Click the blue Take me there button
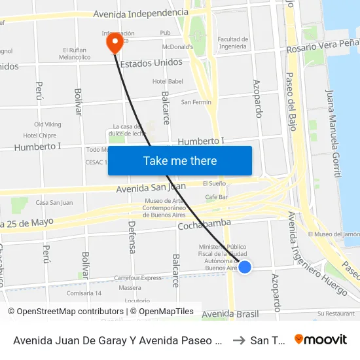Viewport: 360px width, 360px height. (180, 161)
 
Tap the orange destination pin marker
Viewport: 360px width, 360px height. (115, 43)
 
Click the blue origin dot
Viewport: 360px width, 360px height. (245, 266)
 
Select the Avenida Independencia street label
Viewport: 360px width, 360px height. (141, 13)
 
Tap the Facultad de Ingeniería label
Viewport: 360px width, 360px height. (232, 43)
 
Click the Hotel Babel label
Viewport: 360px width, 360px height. (167, 81)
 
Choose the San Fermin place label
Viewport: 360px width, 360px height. (196, 102)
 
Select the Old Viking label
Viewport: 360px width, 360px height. (48, 124)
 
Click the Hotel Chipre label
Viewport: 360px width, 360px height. (40, 135)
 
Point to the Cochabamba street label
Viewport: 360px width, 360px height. (204, 224)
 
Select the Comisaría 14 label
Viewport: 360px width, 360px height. (84, 293)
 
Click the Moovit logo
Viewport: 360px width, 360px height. (321, 339)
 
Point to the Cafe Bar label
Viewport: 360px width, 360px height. (216, 197)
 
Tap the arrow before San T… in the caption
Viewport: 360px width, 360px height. (239, 340)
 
